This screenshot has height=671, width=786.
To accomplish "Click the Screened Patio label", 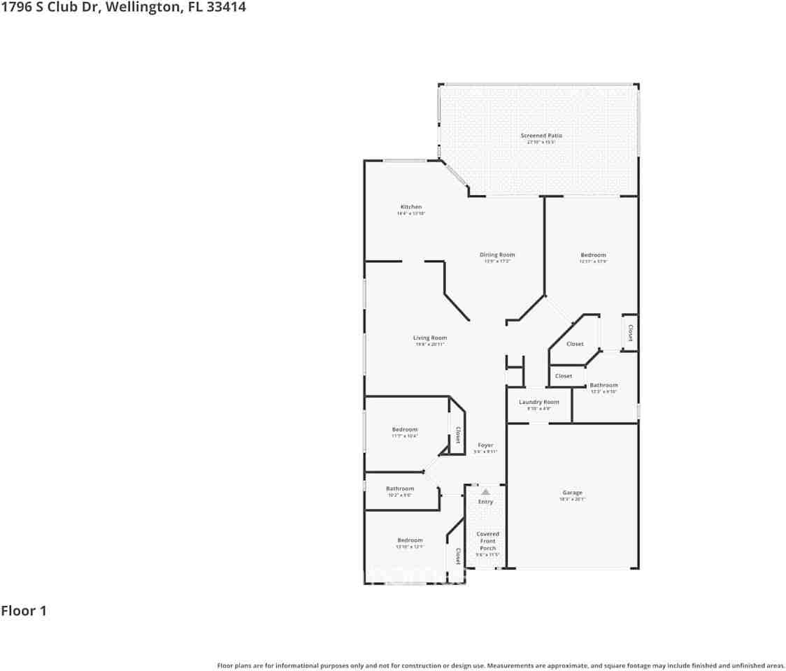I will (541, 136).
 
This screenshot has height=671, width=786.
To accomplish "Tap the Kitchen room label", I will (411, 207).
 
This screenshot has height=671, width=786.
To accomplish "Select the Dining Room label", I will (497, 255).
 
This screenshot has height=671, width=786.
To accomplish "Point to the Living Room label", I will (429, 338).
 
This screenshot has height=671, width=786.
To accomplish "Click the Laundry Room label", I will (539, 402).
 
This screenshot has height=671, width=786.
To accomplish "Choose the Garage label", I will (572, 493).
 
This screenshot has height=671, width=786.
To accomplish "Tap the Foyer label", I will (485, 445).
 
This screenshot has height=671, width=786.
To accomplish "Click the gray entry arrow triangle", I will (485, 492).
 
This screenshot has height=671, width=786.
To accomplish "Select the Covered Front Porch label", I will (488, 541).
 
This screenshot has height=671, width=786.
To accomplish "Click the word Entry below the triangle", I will (485, 502).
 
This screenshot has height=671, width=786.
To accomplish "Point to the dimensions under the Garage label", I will (572, 500).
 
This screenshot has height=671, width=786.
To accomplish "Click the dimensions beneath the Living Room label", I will (429, 345).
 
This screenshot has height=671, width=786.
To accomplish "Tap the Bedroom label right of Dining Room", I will (593, 255).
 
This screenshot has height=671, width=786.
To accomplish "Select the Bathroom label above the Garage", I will (603, 385).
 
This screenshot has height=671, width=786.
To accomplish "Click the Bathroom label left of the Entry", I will (400, 489).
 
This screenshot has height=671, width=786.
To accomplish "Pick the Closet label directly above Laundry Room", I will (564, 376).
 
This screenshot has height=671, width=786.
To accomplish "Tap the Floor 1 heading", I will (24, 611).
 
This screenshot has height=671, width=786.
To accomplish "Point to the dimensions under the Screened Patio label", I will (541, 142).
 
